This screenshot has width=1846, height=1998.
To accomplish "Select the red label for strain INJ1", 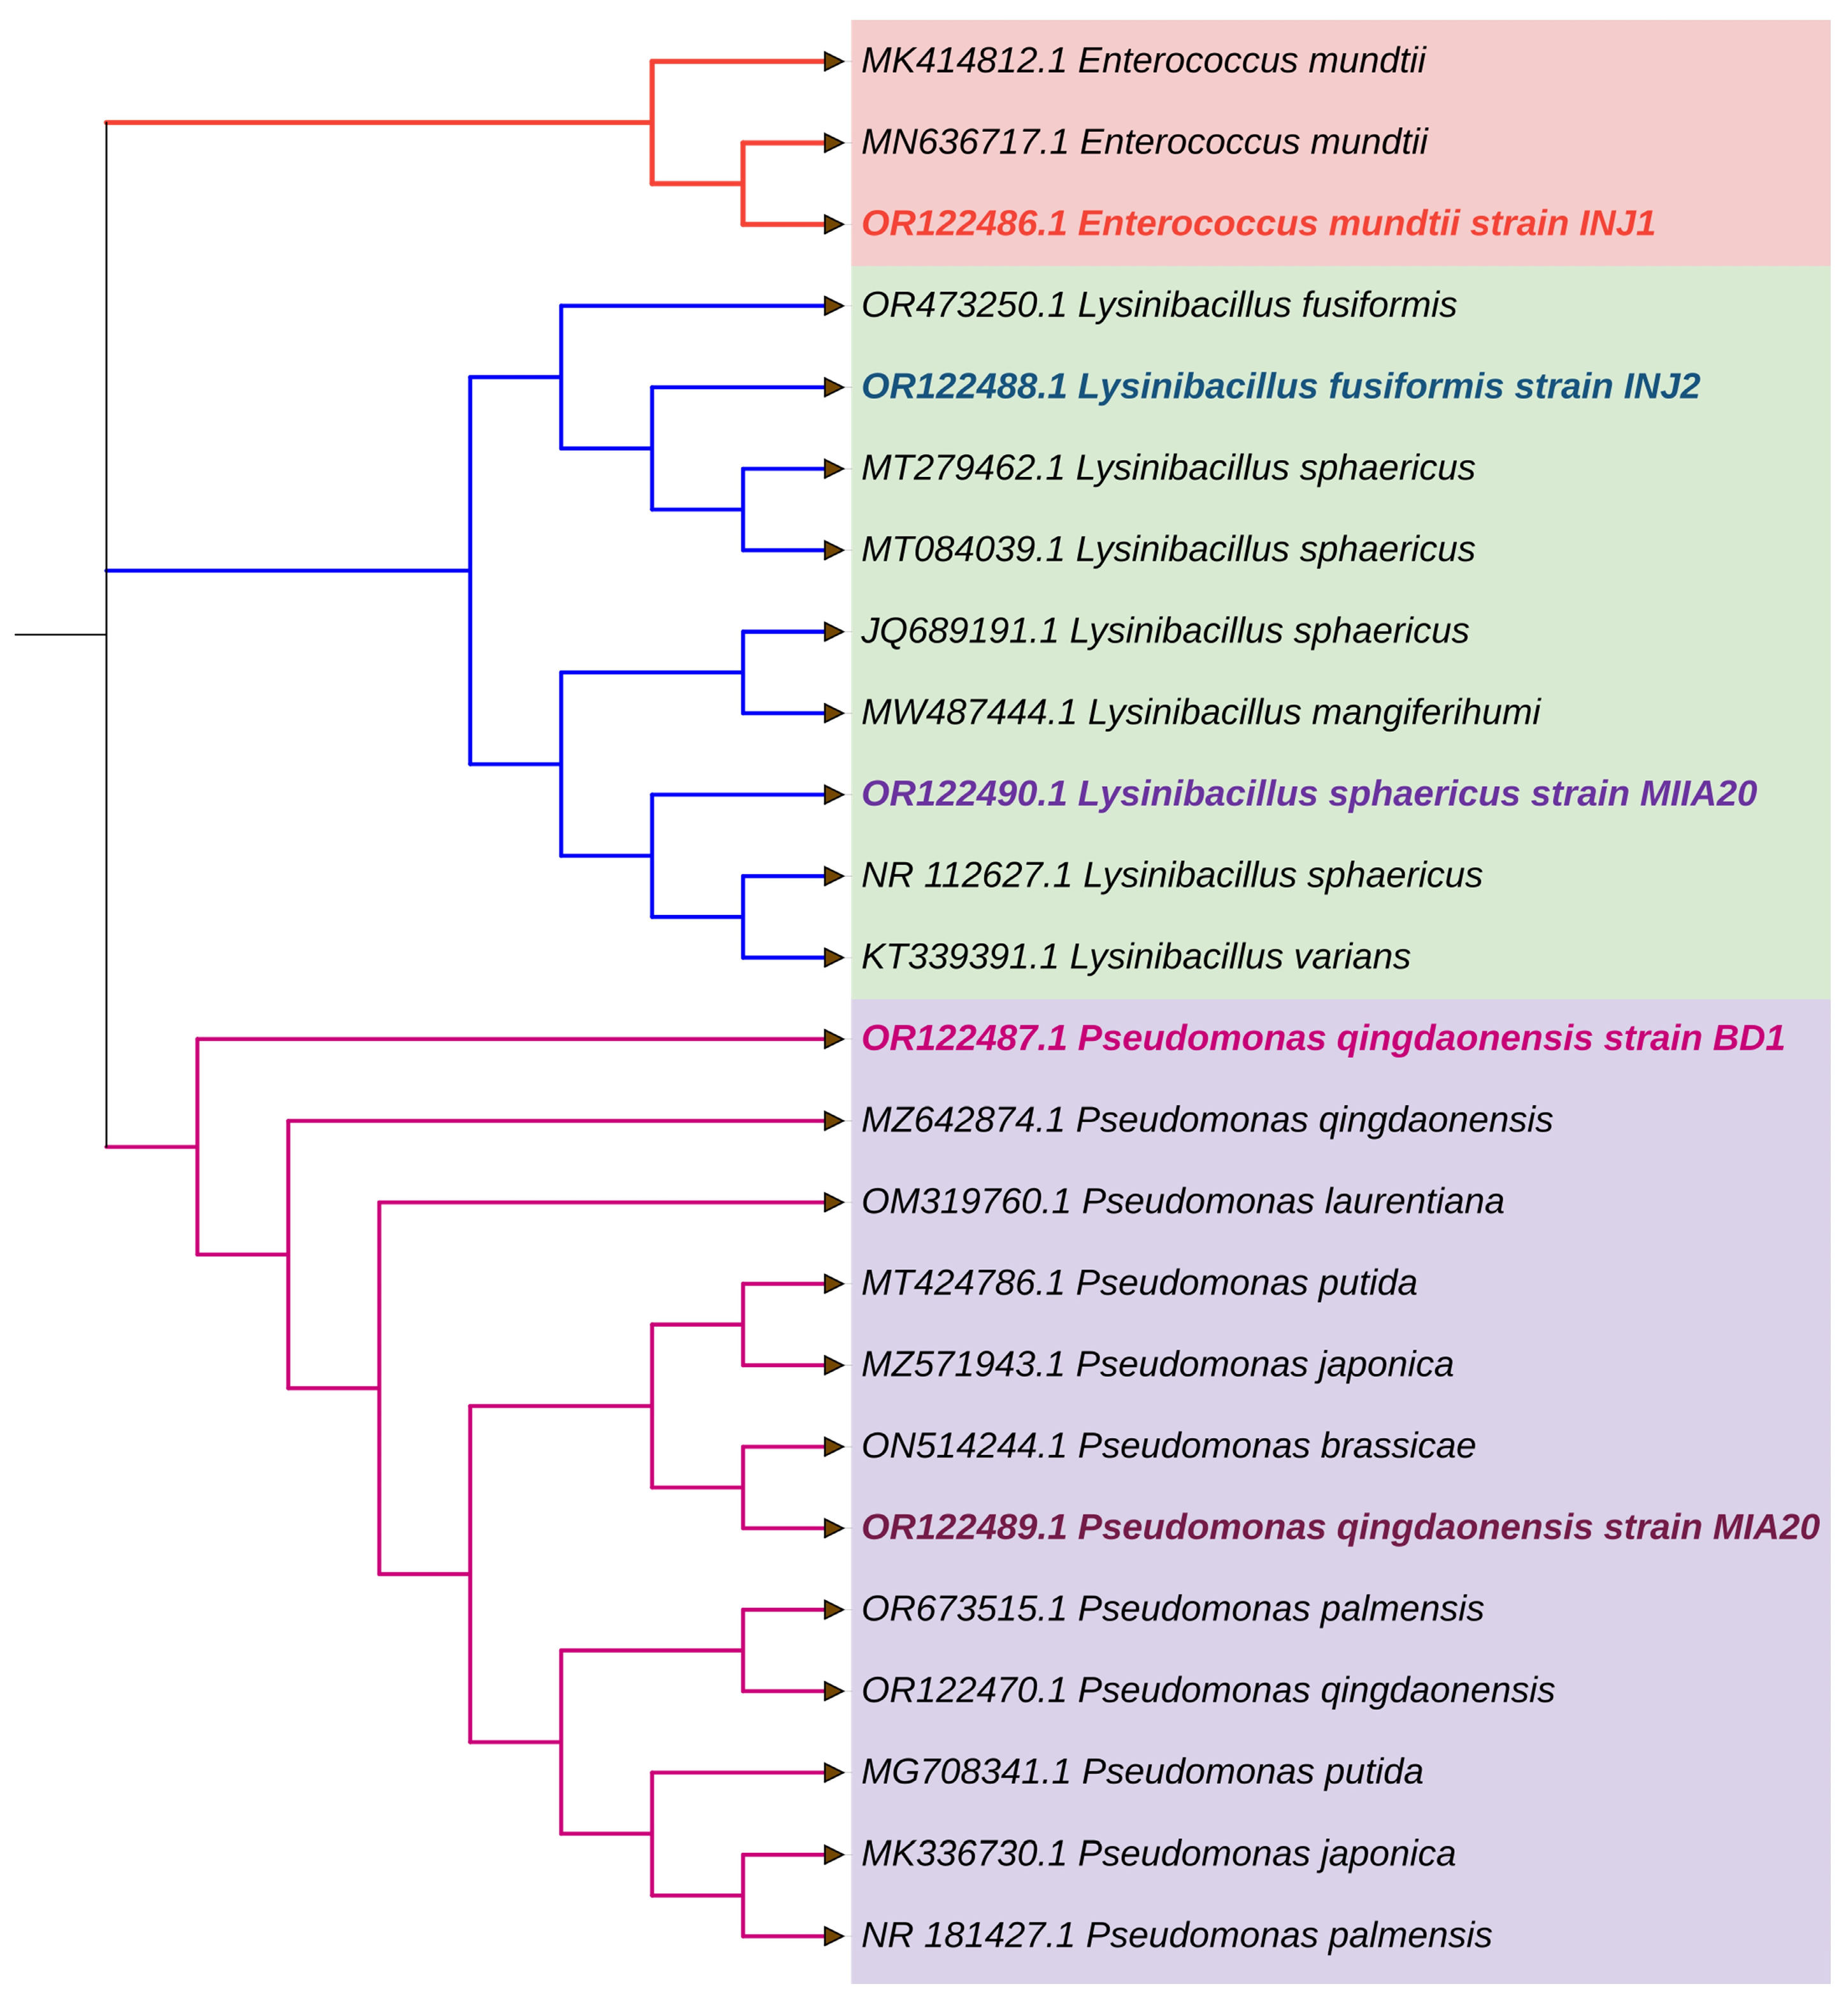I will click(1257, 223).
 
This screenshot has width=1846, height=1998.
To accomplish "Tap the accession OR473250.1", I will click(964, 306).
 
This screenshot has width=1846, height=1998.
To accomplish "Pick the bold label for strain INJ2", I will click(1280, 387).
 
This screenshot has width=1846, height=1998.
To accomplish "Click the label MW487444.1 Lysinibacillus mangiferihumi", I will click(1199, 713).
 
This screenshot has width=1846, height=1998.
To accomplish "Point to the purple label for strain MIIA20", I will click(1308, 795).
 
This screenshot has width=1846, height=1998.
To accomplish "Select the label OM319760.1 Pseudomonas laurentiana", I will click(1182, 1202).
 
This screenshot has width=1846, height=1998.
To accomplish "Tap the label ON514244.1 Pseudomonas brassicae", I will click(1168, 1447).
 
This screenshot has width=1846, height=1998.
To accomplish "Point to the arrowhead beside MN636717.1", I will click(834, 143).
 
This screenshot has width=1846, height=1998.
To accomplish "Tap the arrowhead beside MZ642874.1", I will click(834, 1121).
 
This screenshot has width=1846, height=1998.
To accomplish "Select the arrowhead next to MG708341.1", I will click(834, 1773).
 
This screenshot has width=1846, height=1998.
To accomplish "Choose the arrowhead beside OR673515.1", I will click(834, 1610).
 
